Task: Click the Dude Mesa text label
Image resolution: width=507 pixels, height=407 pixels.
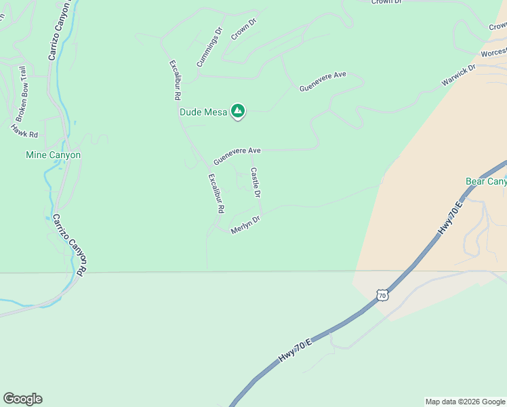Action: tap(203, 112)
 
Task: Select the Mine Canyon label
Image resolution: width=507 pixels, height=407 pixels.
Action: tap(53, 155)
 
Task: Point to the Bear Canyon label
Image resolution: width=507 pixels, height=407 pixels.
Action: tap(486, 181)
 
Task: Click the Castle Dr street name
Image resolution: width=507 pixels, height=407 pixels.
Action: tap(256, 182)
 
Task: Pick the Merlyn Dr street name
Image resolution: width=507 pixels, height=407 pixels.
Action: tap(245, 225)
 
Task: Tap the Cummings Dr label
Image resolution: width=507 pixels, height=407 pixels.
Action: tap(209, 47)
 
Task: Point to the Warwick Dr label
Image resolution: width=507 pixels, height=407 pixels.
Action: tap(459, 75)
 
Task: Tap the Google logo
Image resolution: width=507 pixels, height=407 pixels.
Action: tap(22, 399)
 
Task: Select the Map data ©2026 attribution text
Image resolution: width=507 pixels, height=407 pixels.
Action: tap(464, 402)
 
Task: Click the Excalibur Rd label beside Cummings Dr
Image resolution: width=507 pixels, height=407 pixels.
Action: tap(174, 82)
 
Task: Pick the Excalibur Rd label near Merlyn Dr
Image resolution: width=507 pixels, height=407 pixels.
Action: tap(216, 194)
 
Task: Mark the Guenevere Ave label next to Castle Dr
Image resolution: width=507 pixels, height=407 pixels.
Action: tap(237, 156)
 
